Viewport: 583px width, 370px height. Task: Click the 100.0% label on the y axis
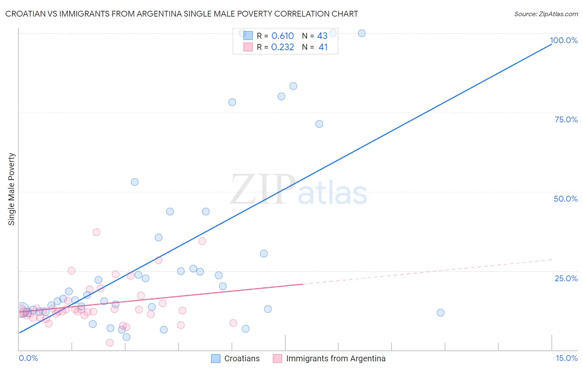pos(564,40)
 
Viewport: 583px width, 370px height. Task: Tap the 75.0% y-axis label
pos(566,119)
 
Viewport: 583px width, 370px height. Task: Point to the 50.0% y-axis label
pos(566,199)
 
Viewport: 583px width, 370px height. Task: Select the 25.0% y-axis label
pos(566,278)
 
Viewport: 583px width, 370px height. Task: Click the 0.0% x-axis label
pos(28,358)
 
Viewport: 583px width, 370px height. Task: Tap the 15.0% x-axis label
pos(566,358)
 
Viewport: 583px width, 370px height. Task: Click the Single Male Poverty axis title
pos(12,189)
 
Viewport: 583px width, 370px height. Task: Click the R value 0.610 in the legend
pos(282,36)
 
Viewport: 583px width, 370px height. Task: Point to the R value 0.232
pos(282,47)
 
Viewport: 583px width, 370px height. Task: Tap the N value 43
pos(322,36)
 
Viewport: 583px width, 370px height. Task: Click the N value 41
pos(323,47)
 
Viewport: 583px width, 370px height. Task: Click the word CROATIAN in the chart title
pos(29,14)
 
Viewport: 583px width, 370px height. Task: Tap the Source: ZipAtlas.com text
pos(546,14)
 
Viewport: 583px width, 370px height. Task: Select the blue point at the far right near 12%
pos(440,313)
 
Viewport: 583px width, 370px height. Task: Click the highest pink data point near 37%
pos(96,232)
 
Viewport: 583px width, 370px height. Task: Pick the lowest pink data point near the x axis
pos(110,343)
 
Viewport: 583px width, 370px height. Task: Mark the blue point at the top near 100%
pos(362,33)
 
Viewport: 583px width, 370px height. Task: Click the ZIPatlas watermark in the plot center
pos(299,190)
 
